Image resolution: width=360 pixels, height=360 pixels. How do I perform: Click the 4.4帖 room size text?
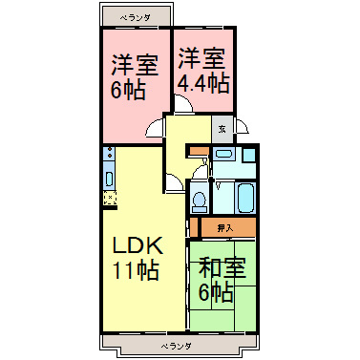[x=202, y=84]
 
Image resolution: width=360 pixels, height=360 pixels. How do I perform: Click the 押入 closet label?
[x=224, y=228]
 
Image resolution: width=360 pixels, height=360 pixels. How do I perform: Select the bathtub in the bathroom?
[x=244, y=198]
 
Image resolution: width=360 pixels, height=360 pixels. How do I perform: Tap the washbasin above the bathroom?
[x=223, y=154]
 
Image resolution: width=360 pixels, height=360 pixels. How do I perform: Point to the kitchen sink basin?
[x=110, y=177]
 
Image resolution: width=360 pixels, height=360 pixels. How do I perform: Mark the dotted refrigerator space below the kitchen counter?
[x=110, y=198]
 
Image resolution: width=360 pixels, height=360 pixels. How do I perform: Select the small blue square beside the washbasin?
[x=249, y=154]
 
